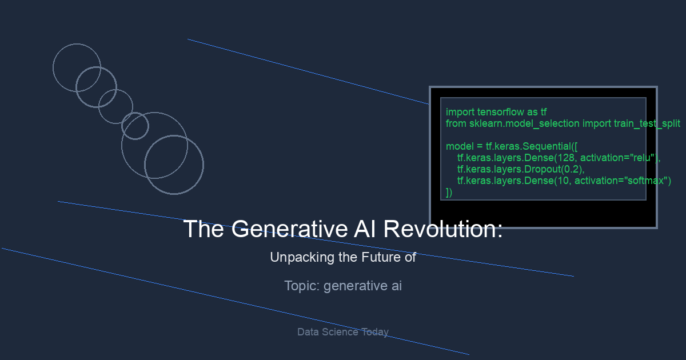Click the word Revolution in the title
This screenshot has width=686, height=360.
coord(443,229)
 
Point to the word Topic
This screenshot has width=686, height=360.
coord(302,286)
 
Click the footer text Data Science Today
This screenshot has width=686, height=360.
coord(342,332)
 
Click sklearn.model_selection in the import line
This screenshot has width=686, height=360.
coord(524,123)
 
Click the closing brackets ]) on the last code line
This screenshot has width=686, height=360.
coord(449,192)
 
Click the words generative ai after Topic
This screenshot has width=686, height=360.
coord(362,286)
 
